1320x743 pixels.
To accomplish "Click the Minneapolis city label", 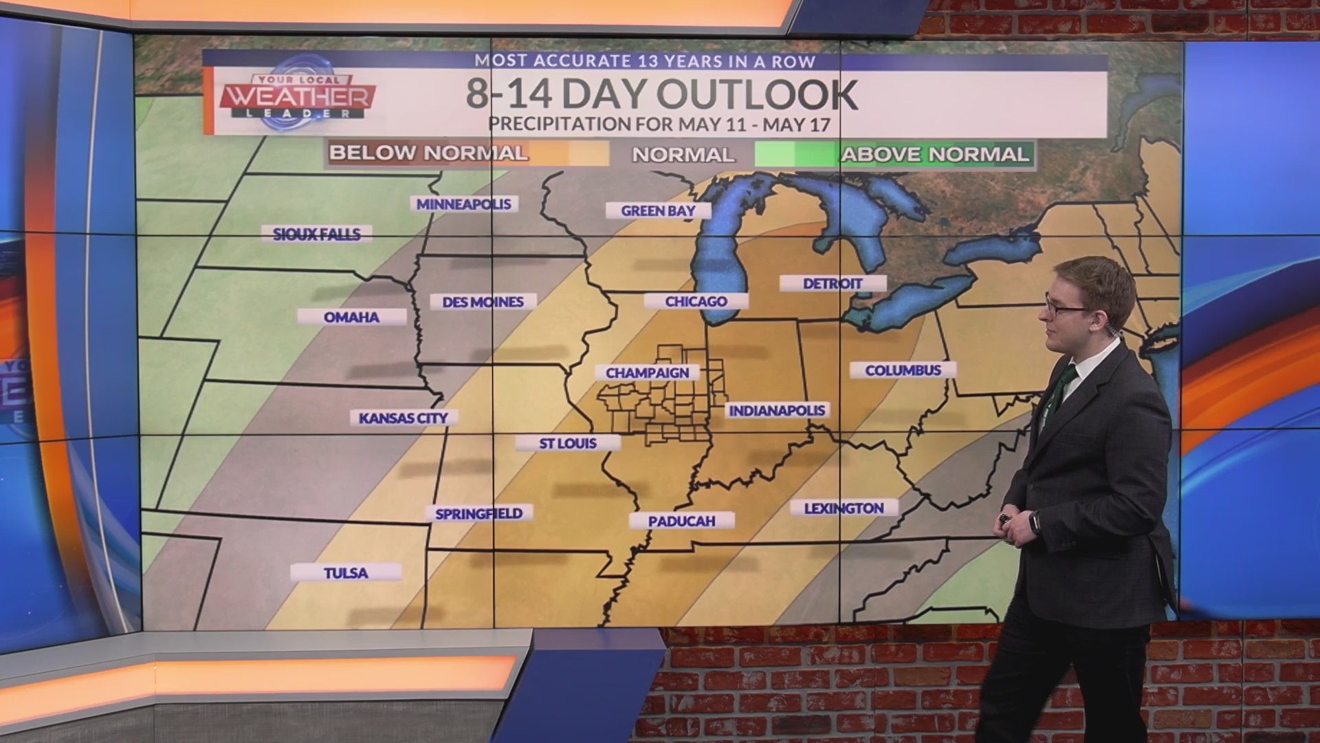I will point(463,204).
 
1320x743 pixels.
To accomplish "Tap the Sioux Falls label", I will point(316,235).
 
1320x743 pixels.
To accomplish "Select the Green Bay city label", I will point(658,211).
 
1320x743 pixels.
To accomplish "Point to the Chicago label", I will point(696,301).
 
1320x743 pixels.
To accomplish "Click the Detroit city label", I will point(833,283).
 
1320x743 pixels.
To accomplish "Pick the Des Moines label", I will point(483,302).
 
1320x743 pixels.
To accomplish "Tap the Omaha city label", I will point(351,317).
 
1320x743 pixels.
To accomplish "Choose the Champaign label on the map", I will point(647,373).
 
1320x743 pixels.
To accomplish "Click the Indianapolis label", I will point(777,411).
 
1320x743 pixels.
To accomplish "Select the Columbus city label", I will point(903,370).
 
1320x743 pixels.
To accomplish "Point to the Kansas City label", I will point(403,418).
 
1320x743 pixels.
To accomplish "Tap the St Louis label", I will point(568,444).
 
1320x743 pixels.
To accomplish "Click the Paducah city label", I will point(681,521).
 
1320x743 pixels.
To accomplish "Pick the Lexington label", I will point(844,508).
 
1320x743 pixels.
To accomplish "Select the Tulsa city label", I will point(346,573).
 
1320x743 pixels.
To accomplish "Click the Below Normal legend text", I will point(428,153).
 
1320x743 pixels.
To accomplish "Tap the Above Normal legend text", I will point(935,154).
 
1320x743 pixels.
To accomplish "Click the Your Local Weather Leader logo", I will point(298,97).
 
